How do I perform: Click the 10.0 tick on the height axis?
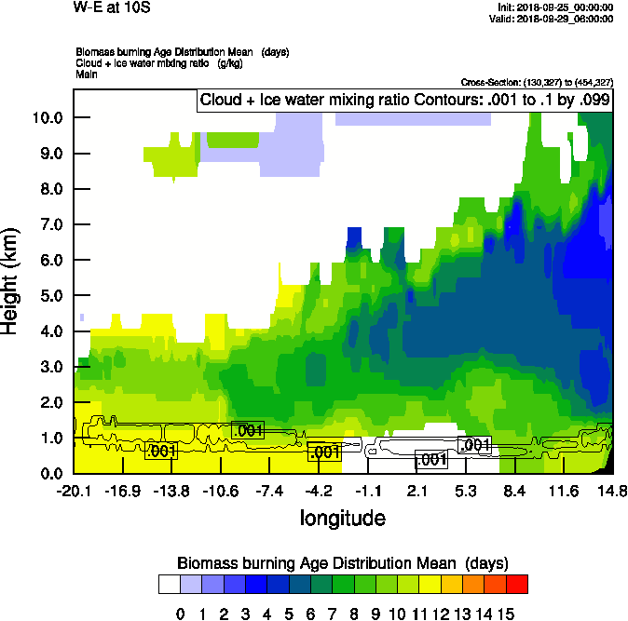pyautogui.click(x=47, y=118)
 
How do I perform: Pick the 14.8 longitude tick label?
pyautogui.click(x=612, y=491)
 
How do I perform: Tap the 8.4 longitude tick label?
pyautogui.click(x=514, y=491)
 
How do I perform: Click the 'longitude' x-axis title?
pyautogui.click(x=342, y=517)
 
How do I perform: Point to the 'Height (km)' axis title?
pyautogui.click(x=12, y=280)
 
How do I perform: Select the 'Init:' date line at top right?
pyautogui.click(x=555, y=7)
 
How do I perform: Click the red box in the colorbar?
pyautogui.click(x=517, y=584)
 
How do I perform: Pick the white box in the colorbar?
pyautogui.click(x=169, y=584)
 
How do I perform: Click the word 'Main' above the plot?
pyautogui.click(x=87, y=74)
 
